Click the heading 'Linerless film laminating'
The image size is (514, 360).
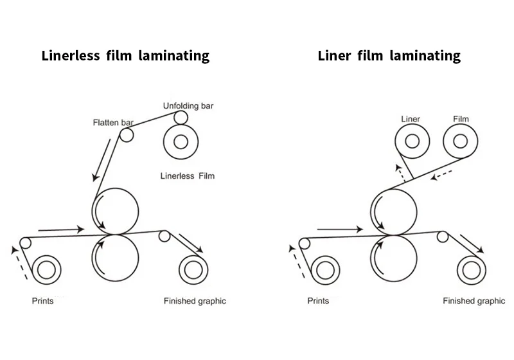125,56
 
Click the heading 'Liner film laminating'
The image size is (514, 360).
389,56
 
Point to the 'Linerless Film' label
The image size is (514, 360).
186,175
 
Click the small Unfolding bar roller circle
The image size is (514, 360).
181,118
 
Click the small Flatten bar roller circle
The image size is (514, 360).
127,136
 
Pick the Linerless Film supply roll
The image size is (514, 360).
181,141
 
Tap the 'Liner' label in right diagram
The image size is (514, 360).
410,119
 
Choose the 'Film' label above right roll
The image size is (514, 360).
461,119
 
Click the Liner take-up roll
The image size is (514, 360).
412,141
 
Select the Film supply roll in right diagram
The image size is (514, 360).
460,141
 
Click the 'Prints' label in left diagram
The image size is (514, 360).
43,301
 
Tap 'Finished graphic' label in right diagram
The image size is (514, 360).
474,301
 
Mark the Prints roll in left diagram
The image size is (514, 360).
46,270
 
